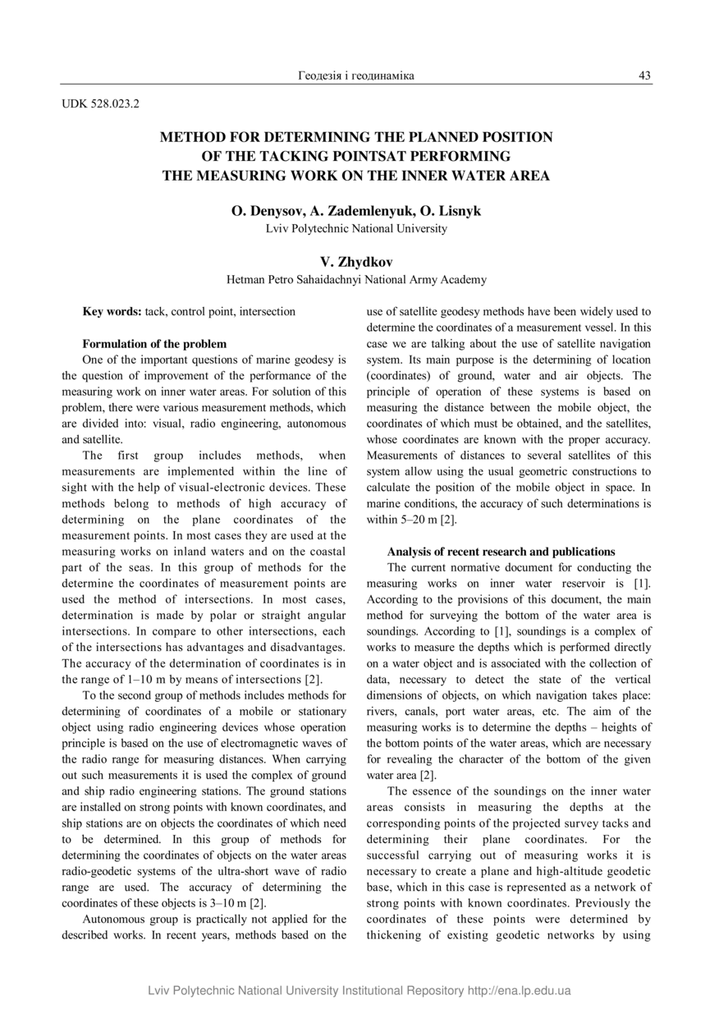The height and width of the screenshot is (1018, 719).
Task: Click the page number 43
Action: click(644, 76)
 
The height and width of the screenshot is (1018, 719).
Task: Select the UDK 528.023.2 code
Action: click(101, 104)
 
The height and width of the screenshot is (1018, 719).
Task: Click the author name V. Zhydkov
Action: click(356, 262)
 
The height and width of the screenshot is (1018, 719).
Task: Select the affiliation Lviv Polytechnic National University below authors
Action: click(356, 228)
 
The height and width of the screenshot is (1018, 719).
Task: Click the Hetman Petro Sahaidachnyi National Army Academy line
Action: click(356, 280)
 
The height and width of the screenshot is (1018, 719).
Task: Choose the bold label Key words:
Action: click(112, 312)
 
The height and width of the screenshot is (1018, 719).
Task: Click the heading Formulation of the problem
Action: click(154, 343)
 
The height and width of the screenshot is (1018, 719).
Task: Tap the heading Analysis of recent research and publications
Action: click(501, 552)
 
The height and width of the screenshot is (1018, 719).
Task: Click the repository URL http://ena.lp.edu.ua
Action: click(519, 991)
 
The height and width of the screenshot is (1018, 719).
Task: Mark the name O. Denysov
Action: click(265, 211)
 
